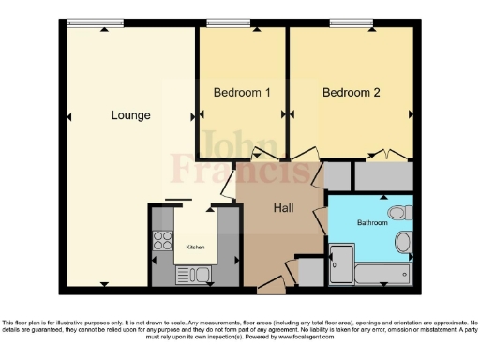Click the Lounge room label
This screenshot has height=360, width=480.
130,115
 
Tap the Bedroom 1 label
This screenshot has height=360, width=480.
242,93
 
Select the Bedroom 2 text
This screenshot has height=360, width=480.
352,93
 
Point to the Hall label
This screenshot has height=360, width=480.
285,208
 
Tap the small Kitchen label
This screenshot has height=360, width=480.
195,247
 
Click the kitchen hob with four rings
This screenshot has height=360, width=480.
160,239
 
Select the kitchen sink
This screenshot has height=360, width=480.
198,274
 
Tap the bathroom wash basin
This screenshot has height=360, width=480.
404,242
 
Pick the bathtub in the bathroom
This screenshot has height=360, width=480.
382,274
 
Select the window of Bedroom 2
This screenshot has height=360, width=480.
349,22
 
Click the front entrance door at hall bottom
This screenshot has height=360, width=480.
271,282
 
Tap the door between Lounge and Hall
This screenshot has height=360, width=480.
226,185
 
